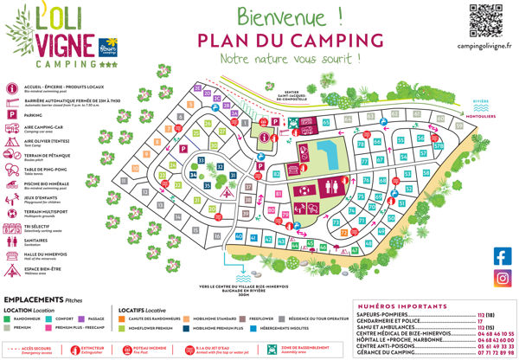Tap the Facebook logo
[x=503, y=255]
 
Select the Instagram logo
[x=503, y=278]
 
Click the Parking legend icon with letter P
[x=10, y=114]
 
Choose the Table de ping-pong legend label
[x=44, y=170]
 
